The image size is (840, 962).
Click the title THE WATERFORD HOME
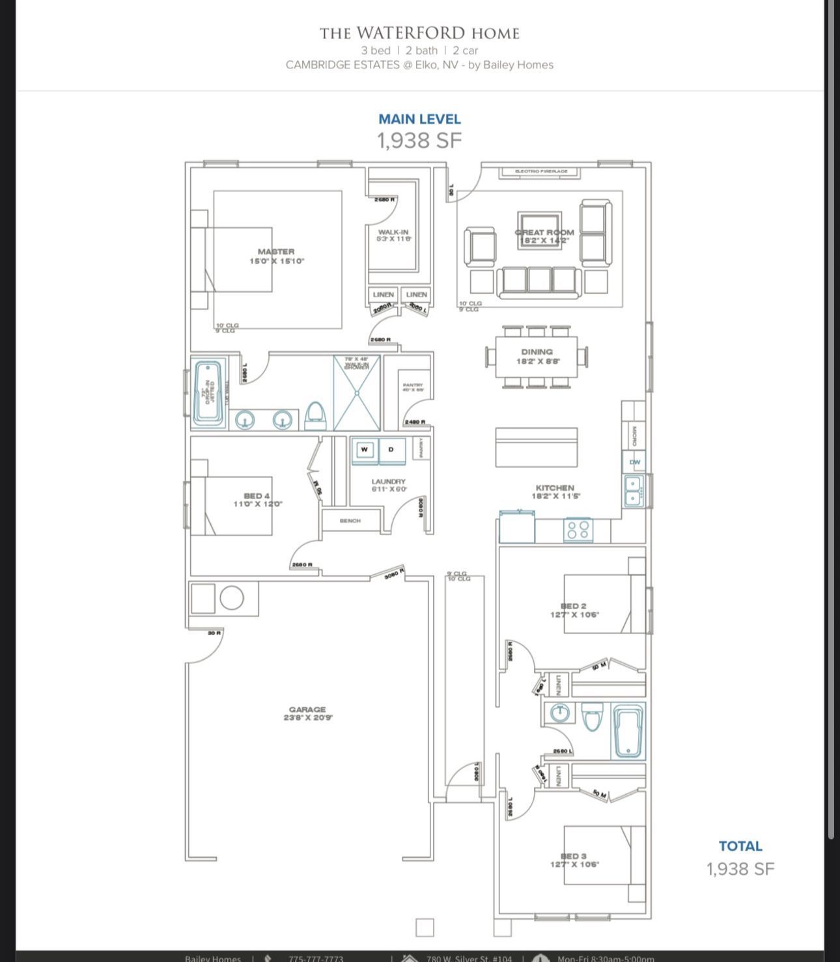(x=419, y=33)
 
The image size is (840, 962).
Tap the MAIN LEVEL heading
(x=419, y=119)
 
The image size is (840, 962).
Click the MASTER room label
(x=276, y=252)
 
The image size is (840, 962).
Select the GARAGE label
(x=307, y=709)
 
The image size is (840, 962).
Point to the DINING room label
(x=537, y=352)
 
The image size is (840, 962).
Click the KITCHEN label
(x=555, y=488)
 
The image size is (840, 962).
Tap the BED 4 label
(x=257, y=496)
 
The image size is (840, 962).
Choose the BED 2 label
(x=574, y=606)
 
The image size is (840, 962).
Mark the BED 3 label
(x=574, y=856)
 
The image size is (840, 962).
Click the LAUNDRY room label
(x=388, y=482)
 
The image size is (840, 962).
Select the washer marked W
(x=365, y=450)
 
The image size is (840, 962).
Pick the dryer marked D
(x=391, y=450)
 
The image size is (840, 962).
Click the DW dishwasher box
(x=634, y=462)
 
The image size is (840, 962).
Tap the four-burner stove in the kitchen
(x=578, y=530)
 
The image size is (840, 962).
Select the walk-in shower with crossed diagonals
(x=356, y=392)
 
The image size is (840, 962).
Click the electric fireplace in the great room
(x=541, y=172)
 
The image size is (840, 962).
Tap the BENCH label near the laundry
(x=350, y=521)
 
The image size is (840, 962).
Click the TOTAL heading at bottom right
(x=740, y=846)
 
